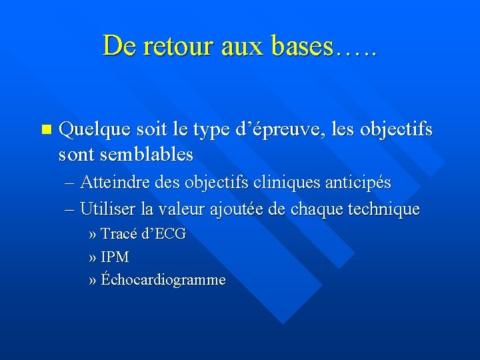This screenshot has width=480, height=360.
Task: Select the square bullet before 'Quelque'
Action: click(45, 129)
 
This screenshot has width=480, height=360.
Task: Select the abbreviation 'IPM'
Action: click(115, 257)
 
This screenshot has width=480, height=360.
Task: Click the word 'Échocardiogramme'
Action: click(163, 280)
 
